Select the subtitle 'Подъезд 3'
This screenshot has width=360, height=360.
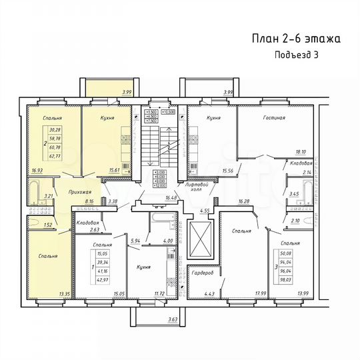(297, 55)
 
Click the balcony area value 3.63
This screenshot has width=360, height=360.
(173, 320)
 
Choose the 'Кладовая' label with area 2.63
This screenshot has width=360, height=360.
(88, 223)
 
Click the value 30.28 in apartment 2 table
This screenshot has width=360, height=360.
(55, 129)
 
